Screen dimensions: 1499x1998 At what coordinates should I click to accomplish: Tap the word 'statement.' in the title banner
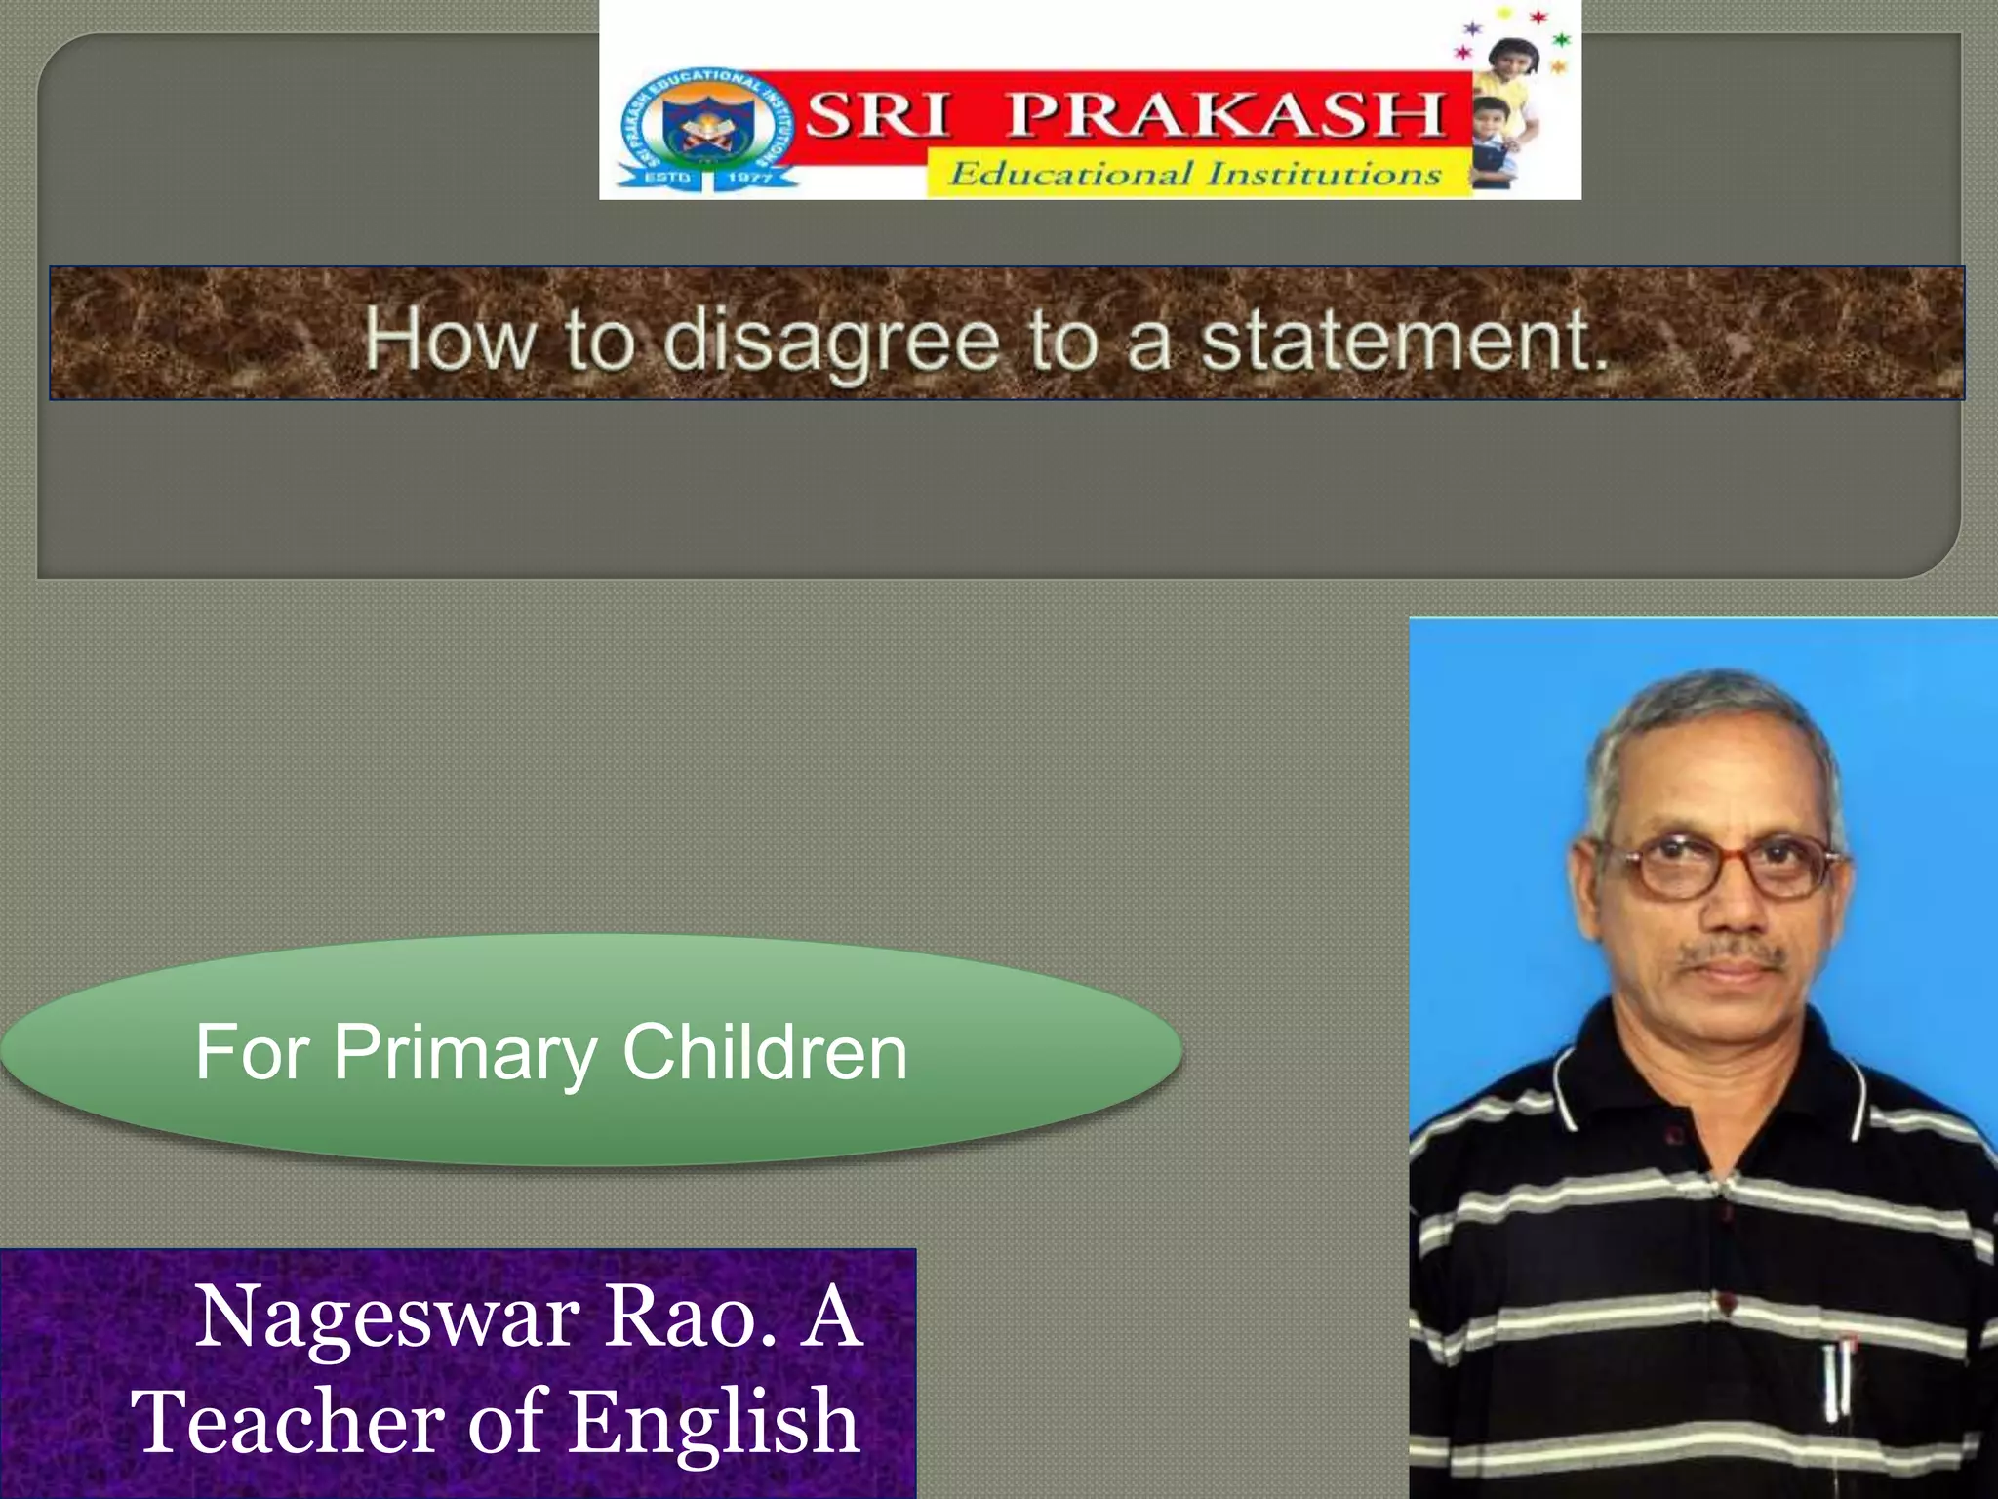[1403, 342]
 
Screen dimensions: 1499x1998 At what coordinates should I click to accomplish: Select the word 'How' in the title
[450, 342]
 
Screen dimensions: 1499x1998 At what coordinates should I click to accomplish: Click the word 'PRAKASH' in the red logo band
[1225, 114]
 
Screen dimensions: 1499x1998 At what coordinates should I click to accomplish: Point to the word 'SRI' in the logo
[877, 114]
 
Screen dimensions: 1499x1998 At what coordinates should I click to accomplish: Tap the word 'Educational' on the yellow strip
[1071, 175]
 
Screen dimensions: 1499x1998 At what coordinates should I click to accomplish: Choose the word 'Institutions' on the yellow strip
[1324, 175]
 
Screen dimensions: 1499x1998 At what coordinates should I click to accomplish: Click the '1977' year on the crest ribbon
[749, 178]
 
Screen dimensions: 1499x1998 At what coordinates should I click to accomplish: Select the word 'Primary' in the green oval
[464, 1053]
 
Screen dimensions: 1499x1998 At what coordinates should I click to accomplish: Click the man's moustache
[1733, 952]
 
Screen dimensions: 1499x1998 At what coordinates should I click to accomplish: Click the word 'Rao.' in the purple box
[691, 1317]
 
